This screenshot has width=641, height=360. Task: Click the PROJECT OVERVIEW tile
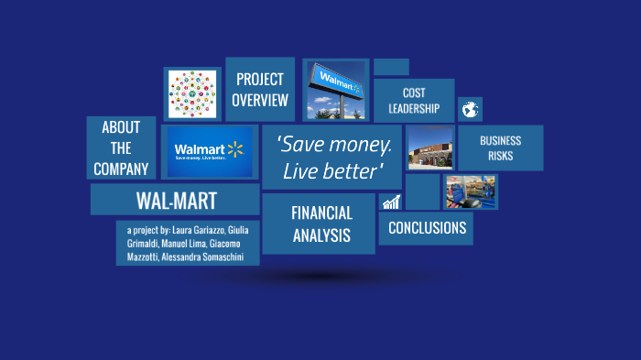[259, 90]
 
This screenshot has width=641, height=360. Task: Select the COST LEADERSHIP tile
[413, 101]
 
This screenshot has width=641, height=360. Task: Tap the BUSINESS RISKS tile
[500, 148]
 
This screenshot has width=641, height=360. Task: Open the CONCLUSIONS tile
[426, 228]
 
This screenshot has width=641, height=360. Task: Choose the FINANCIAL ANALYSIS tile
[320, 224]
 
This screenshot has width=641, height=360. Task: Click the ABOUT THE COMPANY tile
[121, 148]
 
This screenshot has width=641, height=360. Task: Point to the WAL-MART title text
[175, 200]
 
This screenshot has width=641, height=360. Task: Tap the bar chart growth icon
[391, 202]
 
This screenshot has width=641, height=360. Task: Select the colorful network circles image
[192, 93]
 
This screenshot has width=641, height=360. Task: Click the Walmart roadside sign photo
[335, 91]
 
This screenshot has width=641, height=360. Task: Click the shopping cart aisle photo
[471, 192]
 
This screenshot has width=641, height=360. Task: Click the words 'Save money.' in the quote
[333, 145]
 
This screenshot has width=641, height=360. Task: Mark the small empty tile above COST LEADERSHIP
[391, 67]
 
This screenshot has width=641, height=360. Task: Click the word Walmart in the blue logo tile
[199, 149]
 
